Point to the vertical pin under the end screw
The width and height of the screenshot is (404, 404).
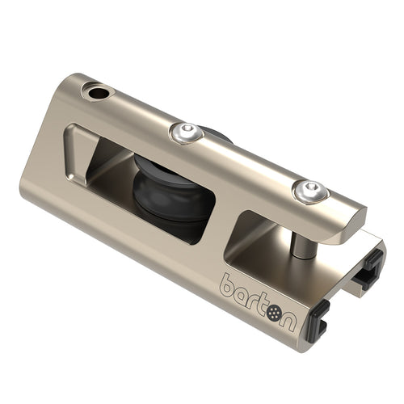point(300,238)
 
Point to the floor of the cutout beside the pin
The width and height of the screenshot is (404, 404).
point(259,250)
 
